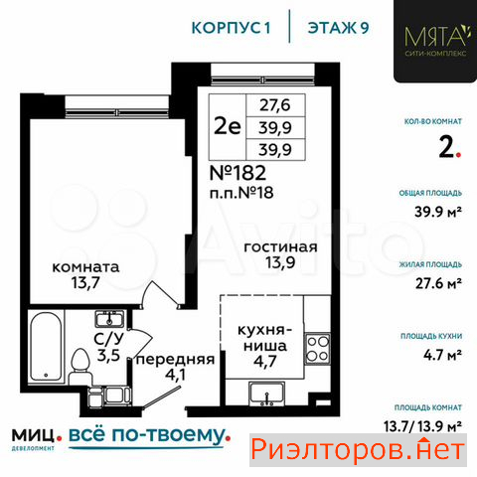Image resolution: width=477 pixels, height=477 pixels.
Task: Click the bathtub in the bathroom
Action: tap(46, 346)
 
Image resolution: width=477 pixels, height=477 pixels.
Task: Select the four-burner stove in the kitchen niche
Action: tap(317, 349)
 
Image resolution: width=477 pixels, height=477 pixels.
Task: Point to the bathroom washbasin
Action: tap(109, 319)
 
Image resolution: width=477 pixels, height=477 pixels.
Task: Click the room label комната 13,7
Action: tap(85, 275)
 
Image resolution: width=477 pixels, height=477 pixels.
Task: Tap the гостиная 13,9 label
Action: tap(280, 254)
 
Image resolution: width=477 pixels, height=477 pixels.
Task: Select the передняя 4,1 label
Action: tap(176, 367)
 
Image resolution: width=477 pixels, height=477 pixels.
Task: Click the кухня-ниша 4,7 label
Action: tap(265, 346)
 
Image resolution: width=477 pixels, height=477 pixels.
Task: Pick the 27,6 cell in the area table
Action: tap(275, 105)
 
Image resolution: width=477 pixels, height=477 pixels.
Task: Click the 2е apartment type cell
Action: tap(228, 126)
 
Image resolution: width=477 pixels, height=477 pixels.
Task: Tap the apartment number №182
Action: tap(238, 173)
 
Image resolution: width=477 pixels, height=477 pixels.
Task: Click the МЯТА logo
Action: tap(435, 41)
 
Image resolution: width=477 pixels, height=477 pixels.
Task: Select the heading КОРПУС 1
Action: tap(232, 28)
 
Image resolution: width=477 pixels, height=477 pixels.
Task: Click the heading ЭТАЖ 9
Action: tap(338, 28)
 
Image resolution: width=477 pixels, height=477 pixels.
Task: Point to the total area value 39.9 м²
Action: tap(438, 212)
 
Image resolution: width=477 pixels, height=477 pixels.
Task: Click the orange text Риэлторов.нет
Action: tap(358, 449)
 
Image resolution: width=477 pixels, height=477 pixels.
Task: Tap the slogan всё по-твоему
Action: tap(149, 435)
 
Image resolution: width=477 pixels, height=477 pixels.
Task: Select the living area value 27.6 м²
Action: tap(439, 283)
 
